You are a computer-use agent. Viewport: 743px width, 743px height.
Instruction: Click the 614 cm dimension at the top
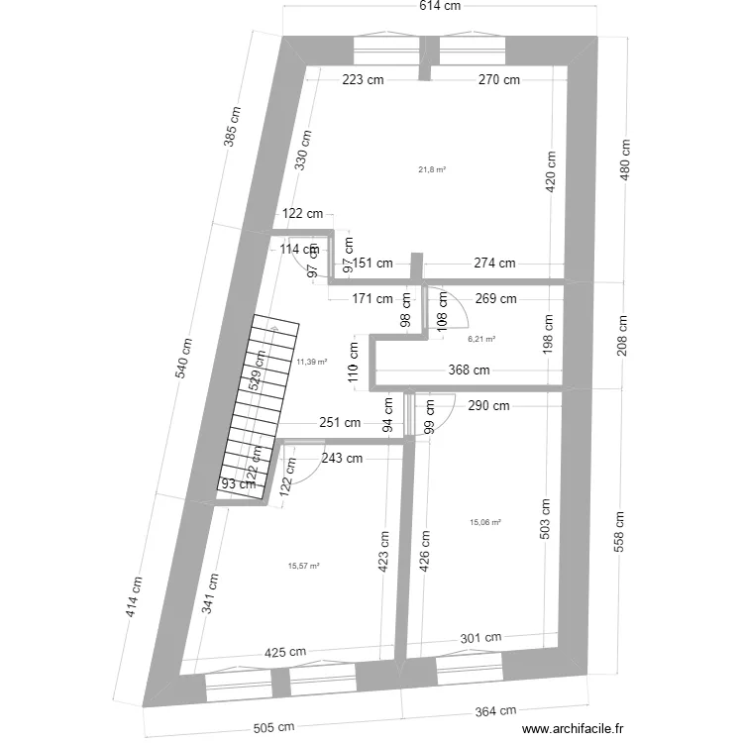440,7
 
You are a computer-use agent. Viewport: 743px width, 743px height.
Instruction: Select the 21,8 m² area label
432,169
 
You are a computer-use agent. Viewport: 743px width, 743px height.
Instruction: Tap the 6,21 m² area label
481,339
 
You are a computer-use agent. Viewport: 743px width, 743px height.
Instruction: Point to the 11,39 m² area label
312,363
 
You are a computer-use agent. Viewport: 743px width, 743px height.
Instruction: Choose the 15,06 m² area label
484,522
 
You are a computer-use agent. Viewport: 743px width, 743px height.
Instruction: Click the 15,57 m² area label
303,566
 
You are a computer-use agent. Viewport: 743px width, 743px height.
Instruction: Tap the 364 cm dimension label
495,711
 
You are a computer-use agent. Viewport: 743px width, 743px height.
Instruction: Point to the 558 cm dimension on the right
619,534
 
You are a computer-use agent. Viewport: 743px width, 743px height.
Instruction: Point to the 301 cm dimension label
480,638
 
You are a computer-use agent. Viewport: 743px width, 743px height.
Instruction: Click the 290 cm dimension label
489,405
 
